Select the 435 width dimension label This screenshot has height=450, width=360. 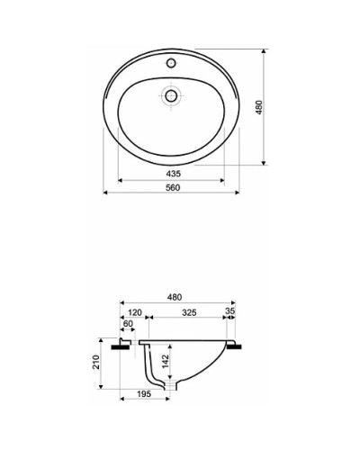(172, 172)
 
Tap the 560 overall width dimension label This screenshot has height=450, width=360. (172, 187)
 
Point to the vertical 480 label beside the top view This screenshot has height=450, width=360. (258, 107)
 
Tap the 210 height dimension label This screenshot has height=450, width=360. (95, 364)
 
